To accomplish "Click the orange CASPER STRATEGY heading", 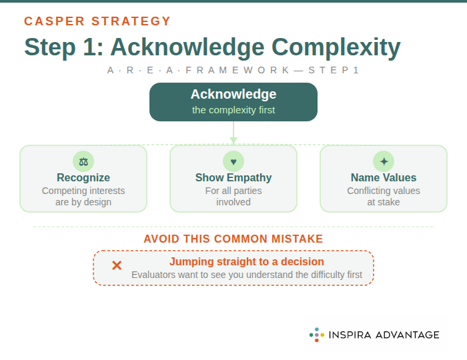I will coord(97,21).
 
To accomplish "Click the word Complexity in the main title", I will coord(336,47).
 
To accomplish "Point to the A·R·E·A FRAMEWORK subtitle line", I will coord(233,70).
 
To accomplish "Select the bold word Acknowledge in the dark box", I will coord(233,94).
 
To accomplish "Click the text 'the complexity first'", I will coord(233,110).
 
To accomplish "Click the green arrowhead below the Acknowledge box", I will coord(233,140).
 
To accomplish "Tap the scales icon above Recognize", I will coord(83,161).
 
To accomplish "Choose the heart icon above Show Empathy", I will coord(233,161).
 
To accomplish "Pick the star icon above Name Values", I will coord(384,161).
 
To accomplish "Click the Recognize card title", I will coord(83,178).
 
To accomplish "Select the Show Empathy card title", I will coord(233,178).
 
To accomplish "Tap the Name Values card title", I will coord(384,178).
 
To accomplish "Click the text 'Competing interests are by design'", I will coord(83,197).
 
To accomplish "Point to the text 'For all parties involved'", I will coord(233,197).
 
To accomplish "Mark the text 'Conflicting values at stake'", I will coord(384,197).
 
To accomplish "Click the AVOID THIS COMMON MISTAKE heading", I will coord(233,239).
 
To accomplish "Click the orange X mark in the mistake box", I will coord(117,265).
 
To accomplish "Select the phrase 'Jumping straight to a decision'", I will coord(247,262).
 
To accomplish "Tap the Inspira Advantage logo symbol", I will coord(317,335).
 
